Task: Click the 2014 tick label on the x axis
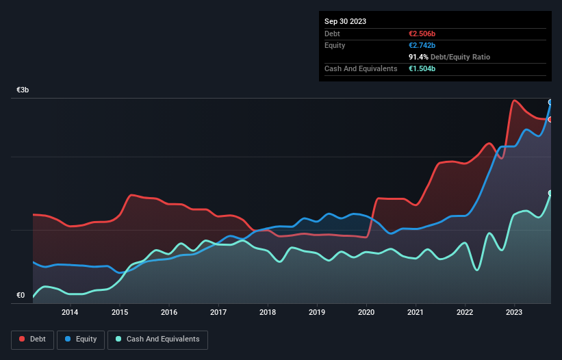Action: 70,313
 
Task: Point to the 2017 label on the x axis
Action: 218,313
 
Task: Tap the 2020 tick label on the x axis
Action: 366,313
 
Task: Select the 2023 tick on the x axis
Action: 514,313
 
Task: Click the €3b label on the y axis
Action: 23,90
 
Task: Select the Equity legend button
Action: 81,339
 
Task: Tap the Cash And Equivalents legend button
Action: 157,339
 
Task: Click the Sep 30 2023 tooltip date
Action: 346,21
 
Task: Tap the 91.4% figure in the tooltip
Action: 418,57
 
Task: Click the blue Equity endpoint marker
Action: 550,102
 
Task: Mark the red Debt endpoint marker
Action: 550,119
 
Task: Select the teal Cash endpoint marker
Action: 550,193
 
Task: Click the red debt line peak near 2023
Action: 514,101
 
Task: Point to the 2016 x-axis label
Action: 169,313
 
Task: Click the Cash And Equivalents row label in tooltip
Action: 361,68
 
